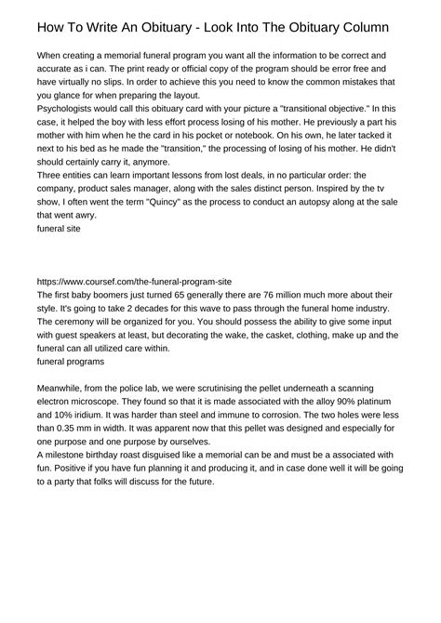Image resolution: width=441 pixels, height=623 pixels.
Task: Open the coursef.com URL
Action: pyautogui.click(x=132, y=280)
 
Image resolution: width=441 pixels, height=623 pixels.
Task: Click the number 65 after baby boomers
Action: pyautogui.click(x=153, y=294)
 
